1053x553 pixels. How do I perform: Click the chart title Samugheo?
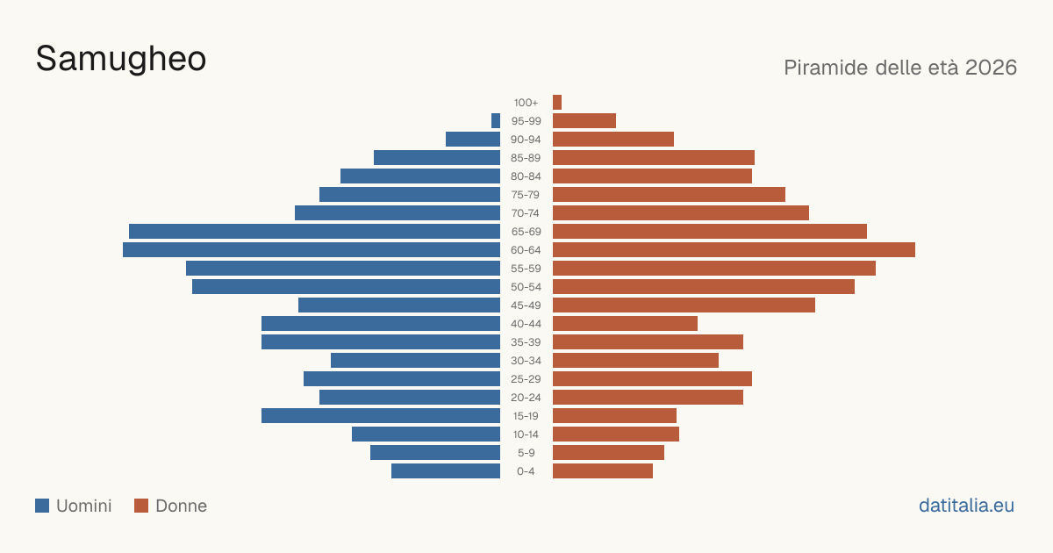121,60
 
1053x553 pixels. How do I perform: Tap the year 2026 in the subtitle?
991,68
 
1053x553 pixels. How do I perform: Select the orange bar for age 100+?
557,102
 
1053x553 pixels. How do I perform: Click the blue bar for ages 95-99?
496,121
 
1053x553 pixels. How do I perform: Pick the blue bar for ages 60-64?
312,249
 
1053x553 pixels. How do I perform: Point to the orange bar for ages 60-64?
734,249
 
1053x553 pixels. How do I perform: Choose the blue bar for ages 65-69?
314,232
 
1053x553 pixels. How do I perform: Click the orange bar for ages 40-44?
625,324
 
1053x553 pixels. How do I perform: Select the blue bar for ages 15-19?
381,416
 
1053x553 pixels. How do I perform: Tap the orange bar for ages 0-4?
603,471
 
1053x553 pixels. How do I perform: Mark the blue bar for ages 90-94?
473,140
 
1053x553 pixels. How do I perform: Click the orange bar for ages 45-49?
684,305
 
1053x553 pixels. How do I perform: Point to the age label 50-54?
526,287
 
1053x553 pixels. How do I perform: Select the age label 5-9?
526,453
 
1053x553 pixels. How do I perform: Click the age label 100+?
526,103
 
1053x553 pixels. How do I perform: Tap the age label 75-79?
526,195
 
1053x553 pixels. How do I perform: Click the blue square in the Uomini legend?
42,506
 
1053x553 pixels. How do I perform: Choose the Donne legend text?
182,506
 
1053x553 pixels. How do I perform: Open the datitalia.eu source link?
966,506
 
